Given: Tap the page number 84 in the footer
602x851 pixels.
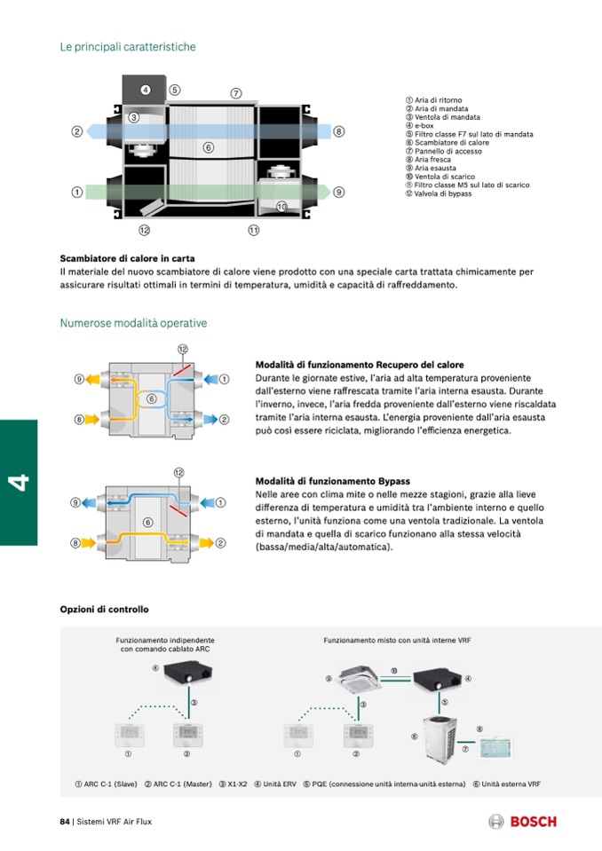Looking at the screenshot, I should [65, 822].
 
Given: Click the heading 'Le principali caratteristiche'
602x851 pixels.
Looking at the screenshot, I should [128, 46].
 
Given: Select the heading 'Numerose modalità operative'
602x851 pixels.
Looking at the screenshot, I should [133, 323].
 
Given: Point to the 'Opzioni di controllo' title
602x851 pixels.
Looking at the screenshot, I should [104, 610].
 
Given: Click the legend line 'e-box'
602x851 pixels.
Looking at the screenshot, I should [424, 125].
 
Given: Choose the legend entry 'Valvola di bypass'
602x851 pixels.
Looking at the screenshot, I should [443, 193].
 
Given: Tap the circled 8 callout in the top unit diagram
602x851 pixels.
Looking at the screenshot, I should [339, 131].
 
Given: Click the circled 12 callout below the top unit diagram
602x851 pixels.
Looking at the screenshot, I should [145, 230].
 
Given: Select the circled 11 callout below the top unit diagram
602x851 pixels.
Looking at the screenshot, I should [254, 230].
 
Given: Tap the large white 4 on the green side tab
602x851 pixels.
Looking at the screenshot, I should [19, 483].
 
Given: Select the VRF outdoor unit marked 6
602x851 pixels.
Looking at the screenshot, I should [443, 733].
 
